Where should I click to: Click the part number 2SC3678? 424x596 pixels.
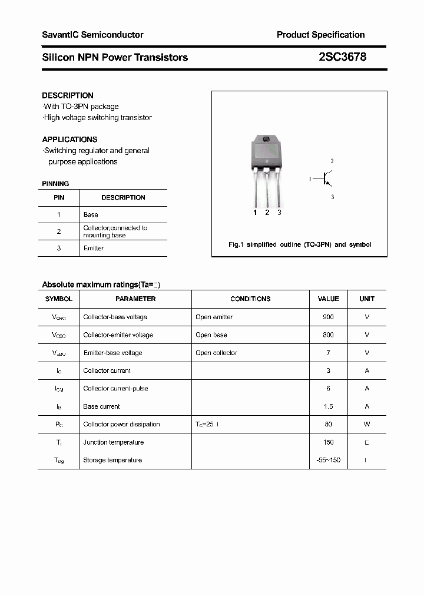coord(342,57)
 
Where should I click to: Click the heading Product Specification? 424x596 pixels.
coord(320,35)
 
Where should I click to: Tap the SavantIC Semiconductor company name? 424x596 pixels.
coord(92,35)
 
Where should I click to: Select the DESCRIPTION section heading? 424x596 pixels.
coord(68,95)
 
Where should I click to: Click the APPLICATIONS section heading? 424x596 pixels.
coord(69,140)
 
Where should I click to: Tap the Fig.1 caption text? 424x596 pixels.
coord(299,244)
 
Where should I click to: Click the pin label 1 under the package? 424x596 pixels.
coord(255,213)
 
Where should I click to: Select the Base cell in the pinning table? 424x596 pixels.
coord(91,215)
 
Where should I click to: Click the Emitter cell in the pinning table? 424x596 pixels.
coord(94,249)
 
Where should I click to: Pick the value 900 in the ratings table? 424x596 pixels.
coord(328,317)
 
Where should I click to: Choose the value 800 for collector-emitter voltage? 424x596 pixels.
coord(328,335)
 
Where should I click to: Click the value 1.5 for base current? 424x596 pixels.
coord(328,406)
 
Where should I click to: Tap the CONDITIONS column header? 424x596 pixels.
coord(250,299)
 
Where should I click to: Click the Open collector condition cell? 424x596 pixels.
coord(216,353)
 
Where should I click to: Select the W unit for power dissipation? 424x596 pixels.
coord(367,424)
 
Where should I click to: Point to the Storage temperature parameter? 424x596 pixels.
coord(112,460)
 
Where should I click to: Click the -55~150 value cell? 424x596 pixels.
coord(328,460)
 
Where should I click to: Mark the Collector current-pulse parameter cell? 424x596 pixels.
coord(115,388)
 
